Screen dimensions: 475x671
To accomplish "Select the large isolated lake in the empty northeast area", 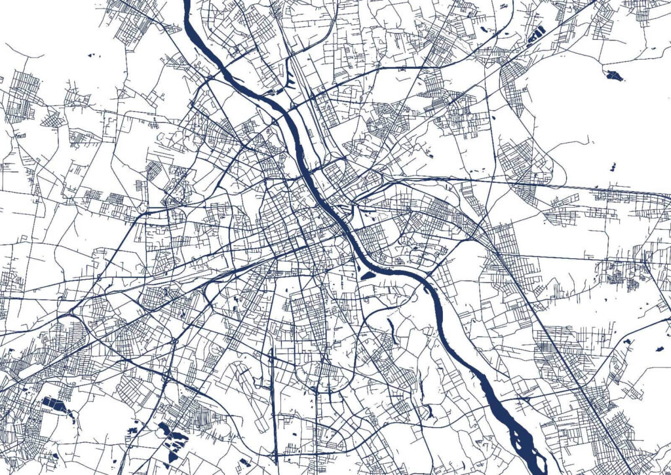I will (x=614, y=74).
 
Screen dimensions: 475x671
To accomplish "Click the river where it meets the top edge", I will (x=187, y=3).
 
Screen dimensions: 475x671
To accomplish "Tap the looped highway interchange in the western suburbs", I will (x=174, y=340).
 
